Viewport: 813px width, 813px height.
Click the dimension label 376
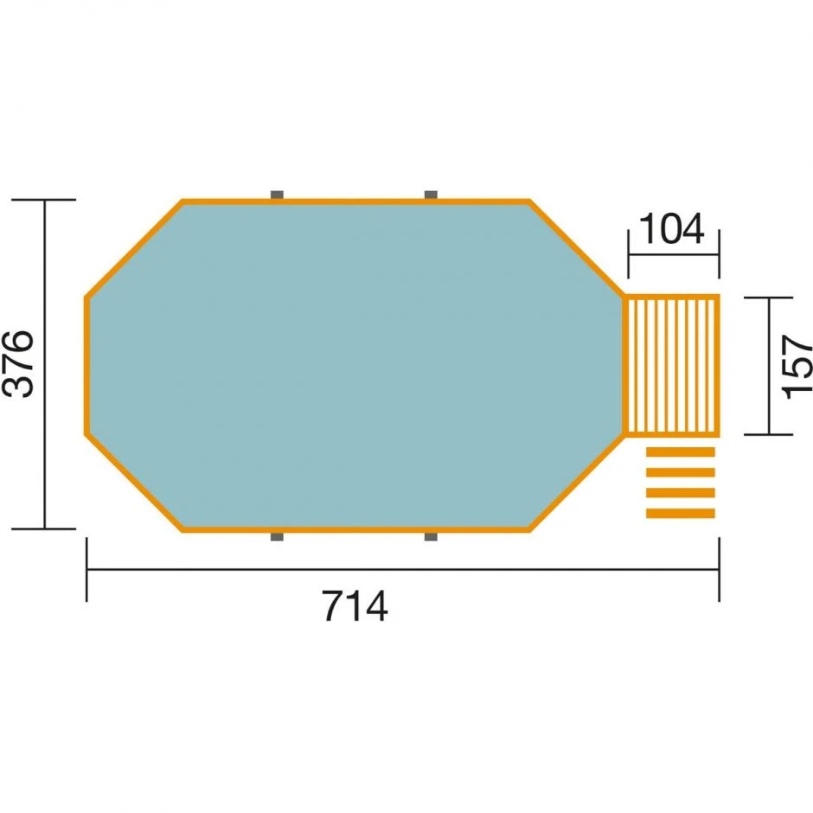click(x=19, y=363)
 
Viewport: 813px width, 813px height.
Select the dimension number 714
click(x=355, y=606)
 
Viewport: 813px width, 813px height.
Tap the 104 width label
click(x=671, y=230)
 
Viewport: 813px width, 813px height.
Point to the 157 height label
click(x=797, y=367)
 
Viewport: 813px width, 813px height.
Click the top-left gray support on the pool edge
click(x=277, y=195)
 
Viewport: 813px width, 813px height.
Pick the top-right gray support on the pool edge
click(x=430, y=195)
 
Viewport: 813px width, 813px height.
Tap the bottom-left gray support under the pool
click(x=277, y=537)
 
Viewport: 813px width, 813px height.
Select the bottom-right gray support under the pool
click(x=430, y=537)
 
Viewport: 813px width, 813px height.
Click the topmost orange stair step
click(x=681, y=451)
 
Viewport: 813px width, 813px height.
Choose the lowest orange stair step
click(x=681, y=514)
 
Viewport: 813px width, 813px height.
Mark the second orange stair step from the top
click(x=681, y=472)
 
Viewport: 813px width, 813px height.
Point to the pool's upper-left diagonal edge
click(x=134, y=250)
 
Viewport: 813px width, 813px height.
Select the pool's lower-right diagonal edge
click(x=577, y=483)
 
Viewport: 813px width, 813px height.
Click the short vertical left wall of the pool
click(x=86, y=366)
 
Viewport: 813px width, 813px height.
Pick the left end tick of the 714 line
click(x=86, y=569)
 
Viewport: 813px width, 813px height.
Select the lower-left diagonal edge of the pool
click(x=134, y=482)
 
